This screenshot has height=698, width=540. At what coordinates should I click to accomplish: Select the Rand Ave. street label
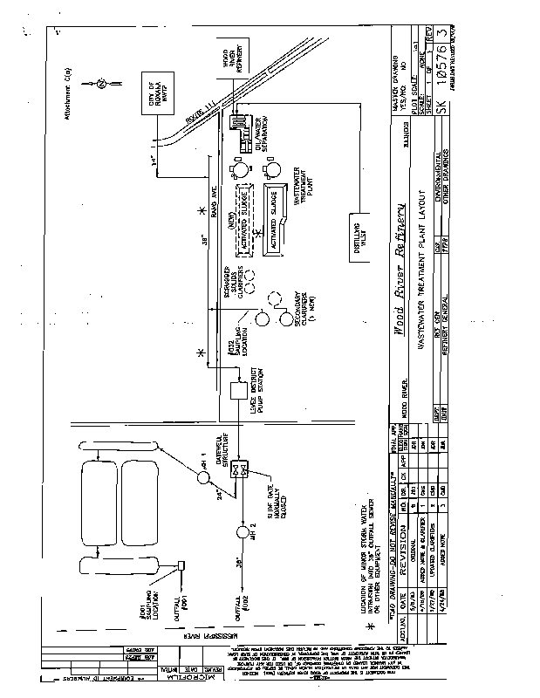(213, 200)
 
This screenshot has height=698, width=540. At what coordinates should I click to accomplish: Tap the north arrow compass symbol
(101, 84)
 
